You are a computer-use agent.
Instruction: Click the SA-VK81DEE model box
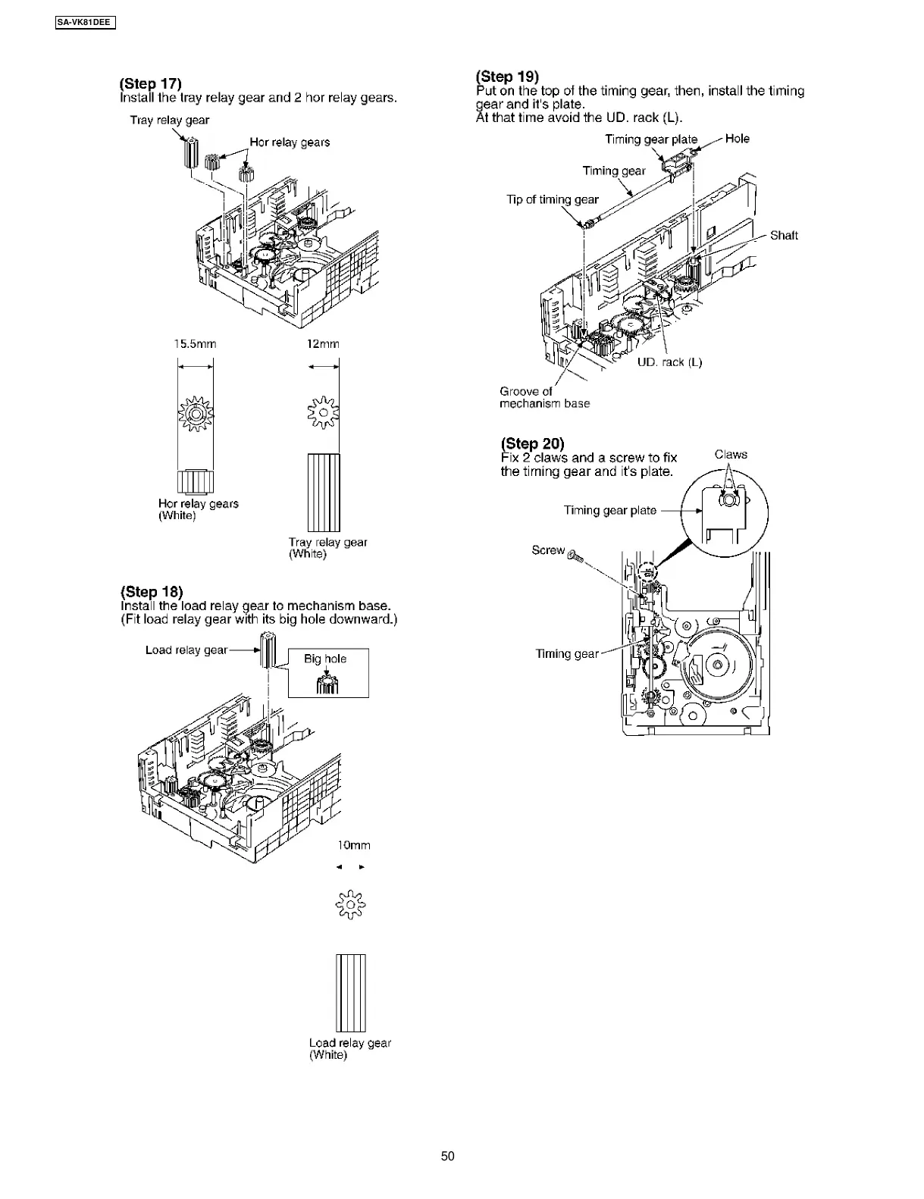85,22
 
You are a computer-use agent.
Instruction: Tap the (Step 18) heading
152,591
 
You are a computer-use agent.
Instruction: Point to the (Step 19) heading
507,76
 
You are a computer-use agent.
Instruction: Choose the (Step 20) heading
532,443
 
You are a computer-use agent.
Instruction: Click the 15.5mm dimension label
195,344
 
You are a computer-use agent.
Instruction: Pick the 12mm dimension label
322,344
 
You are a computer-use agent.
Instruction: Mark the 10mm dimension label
353,845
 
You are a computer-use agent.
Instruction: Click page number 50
448,1156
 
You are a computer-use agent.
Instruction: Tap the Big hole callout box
328,672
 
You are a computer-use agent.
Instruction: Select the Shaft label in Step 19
784,235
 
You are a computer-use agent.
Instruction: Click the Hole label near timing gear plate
737,139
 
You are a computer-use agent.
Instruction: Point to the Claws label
731,454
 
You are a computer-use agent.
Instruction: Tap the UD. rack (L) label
669,362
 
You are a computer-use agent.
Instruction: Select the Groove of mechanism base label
544,397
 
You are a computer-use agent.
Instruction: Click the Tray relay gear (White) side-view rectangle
324,493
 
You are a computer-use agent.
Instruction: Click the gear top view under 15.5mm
196,415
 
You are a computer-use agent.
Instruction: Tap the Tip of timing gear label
552,199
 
